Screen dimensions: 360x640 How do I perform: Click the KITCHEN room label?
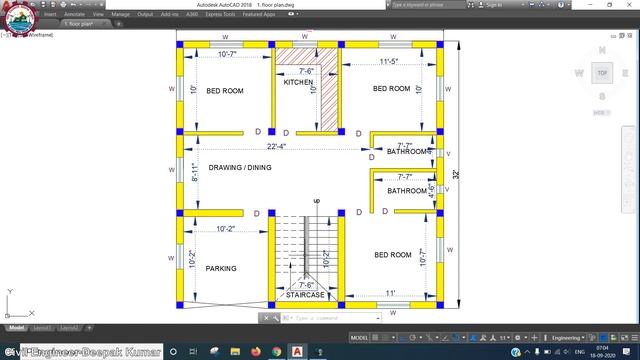click(x=298, y=82)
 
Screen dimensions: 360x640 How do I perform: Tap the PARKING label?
click(x=221, y=269)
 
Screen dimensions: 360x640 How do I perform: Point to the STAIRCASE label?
click(x=305, y=296)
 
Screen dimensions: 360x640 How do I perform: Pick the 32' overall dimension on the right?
click(x=456, y=174)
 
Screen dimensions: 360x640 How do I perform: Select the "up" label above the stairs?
click(x=317, y=202)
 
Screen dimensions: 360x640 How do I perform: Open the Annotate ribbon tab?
click(x=74, y=15)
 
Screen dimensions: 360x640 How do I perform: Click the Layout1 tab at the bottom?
click(x=42, y=327)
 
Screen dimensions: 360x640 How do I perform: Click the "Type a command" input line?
click(x=330, y=317)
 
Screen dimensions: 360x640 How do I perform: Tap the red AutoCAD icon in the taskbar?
click(x=297, y=351)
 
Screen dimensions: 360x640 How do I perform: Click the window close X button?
click(x=628, y=5)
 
